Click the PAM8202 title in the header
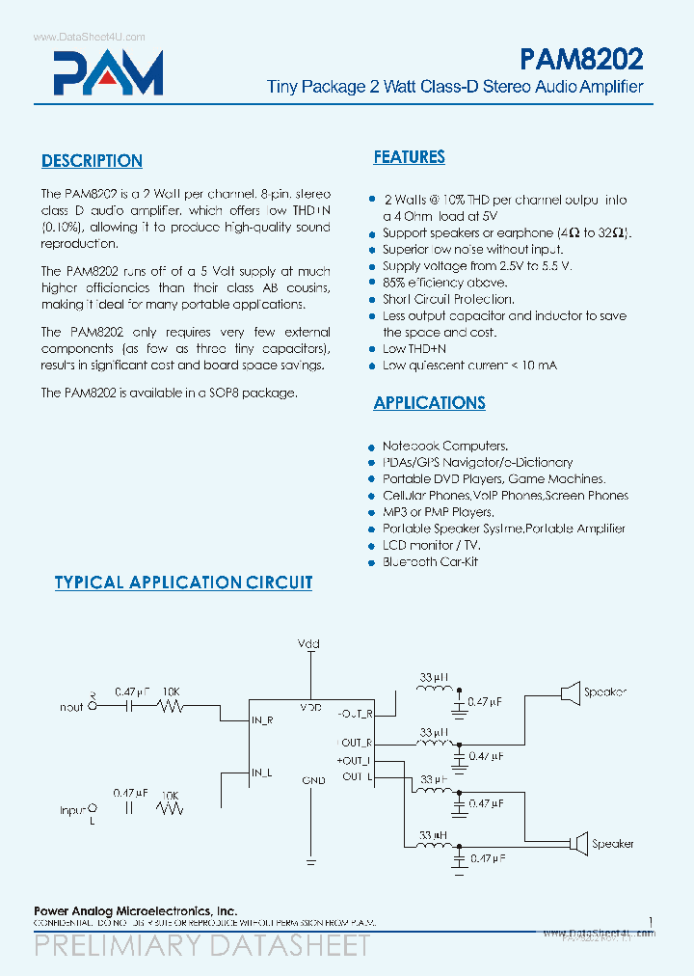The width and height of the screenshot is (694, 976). [x=581, y=60]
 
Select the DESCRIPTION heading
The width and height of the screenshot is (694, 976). [x=92, y=161]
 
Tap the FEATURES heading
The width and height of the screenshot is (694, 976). [x=409, y=157]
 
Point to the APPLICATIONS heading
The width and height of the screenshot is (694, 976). [x=429, y=403]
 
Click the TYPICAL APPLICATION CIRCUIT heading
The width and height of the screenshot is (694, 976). [x=183, y=583]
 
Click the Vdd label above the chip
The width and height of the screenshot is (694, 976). [x=309, y=643]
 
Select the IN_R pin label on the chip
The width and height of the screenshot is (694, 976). [x=262, y=719]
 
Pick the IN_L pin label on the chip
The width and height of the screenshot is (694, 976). [x=261, y=773]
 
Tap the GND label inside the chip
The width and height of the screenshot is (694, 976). [x=313, y=779]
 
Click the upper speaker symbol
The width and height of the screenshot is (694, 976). [x=570, y=691]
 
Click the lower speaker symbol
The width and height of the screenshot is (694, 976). [x=577, y=843]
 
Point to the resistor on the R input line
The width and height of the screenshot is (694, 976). [x=171, y=706]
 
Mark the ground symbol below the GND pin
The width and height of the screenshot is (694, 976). [x=310, y=858]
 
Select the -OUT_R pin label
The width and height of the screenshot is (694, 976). [x=354, y=714]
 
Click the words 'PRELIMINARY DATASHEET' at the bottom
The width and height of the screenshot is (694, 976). [x=201, y=945]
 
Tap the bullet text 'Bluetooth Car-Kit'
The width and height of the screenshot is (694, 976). [x=430, y=561]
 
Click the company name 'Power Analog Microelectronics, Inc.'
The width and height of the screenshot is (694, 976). [x=135, y=910]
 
